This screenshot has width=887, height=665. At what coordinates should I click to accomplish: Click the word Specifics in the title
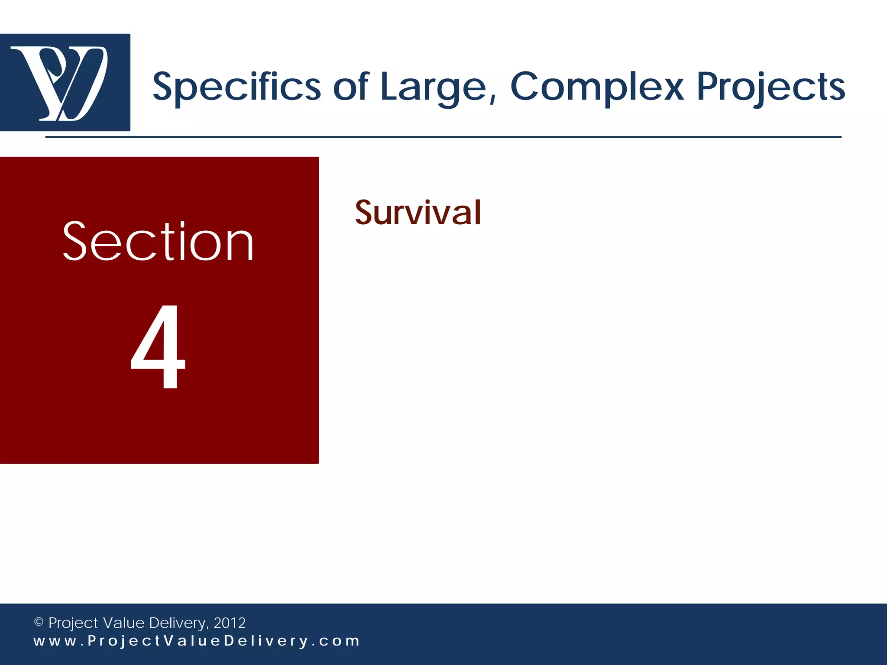[x=236, y=87]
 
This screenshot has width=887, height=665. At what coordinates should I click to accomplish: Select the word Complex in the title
[x=597, y=87]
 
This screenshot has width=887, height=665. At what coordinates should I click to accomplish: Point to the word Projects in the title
[x=770, y=87]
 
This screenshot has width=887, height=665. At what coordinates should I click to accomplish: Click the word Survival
[x=418, y=213]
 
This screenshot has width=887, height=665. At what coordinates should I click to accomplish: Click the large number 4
[x=159, y=346]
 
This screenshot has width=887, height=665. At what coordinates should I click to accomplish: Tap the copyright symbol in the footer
[x=39, y=622]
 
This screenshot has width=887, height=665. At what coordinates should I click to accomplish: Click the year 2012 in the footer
[x=230, y=623]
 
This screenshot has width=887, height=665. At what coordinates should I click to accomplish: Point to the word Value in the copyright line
[x=123, y=623]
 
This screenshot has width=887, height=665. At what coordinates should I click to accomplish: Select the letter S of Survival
[x=365, y=213]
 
